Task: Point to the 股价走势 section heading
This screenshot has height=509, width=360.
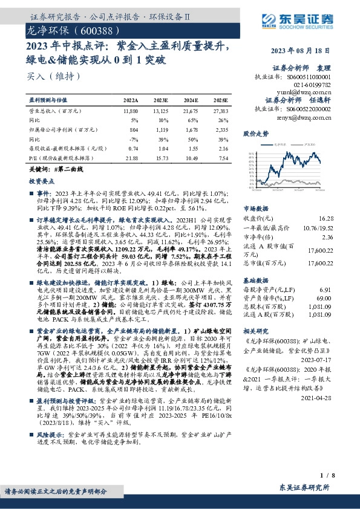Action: (x=255, y=132)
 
